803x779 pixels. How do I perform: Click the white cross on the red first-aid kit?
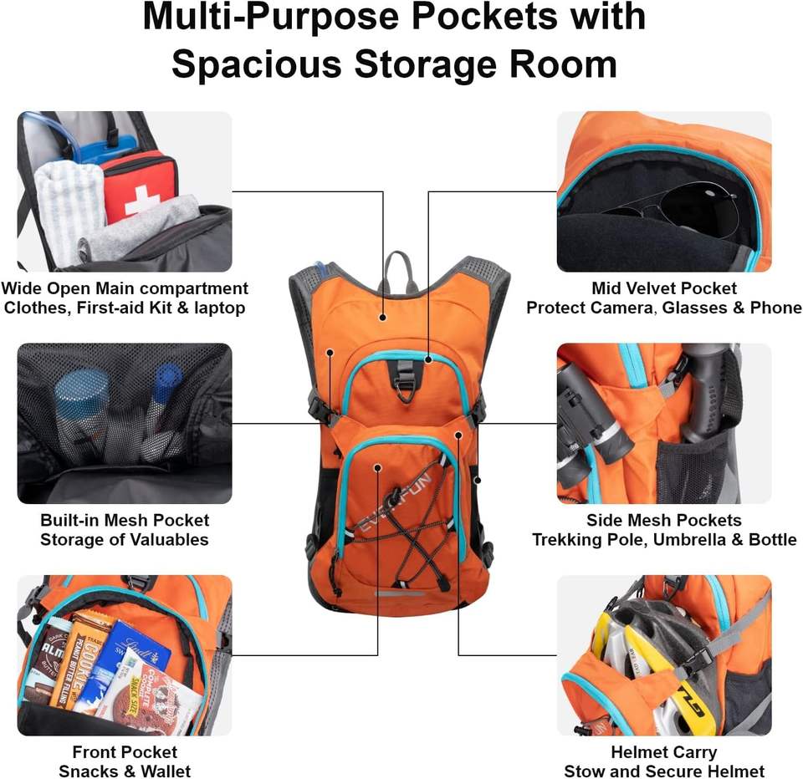click(x=143, y=198)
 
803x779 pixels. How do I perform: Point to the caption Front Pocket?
click(x=125, y=752)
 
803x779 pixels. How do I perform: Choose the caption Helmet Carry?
click(x=663, y=752)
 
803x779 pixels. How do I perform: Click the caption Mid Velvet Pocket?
click(x=664, y=288)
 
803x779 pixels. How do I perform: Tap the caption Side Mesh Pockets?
click(x=663, y=521)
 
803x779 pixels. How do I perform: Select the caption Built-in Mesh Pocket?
click(x=125, y=521)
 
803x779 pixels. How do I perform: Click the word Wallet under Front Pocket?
click(x=163, y=771)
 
